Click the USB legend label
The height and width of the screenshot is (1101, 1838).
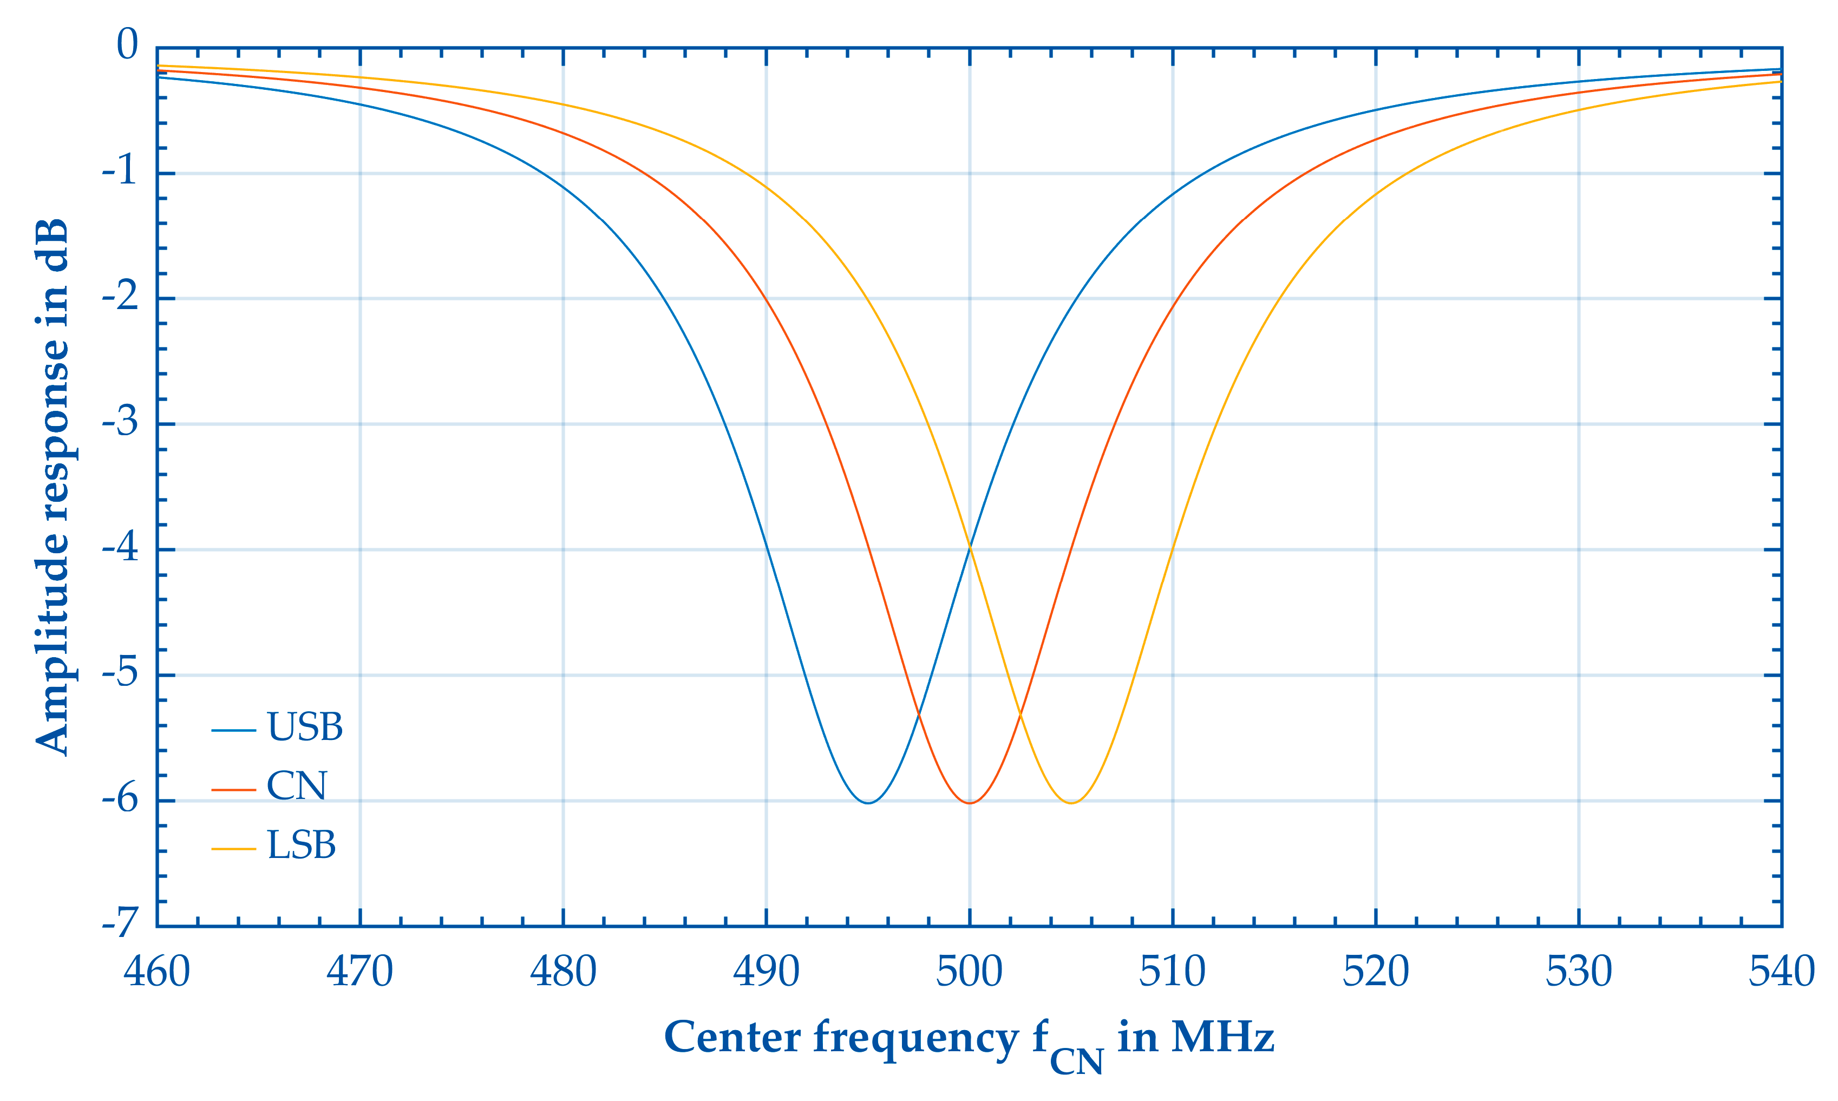[304, 727]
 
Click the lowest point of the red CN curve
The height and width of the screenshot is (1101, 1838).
[970, 803]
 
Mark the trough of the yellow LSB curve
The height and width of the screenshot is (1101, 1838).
[1071, 803]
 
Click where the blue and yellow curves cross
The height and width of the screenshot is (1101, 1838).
[970, 548]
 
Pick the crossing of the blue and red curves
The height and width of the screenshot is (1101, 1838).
[919, 714]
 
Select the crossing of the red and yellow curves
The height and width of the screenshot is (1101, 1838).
[1021, 714]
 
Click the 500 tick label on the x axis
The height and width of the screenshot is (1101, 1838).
[969, 972]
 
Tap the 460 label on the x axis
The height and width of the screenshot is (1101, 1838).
[156, 972]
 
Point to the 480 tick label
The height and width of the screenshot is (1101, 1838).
[563, 972]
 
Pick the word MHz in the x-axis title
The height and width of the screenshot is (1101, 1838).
[1223, 1037]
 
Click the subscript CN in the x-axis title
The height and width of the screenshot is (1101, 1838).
[1077, 1061]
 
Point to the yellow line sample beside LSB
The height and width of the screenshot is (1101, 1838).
[234, 848]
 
